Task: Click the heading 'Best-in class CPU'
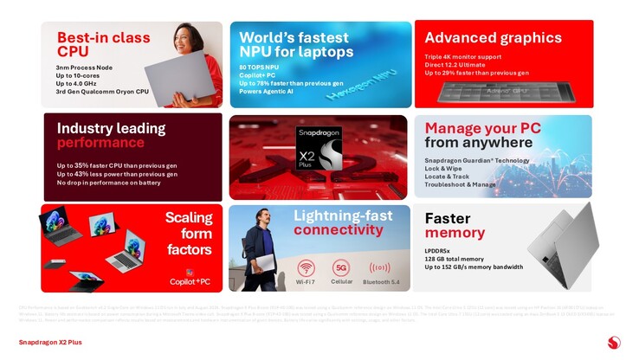pos(103,44)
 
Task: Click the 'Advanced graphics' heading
pos(493,37)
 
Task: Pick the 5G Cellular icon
pos(341,267)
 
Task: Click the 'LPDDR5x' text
pos(442,251)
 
